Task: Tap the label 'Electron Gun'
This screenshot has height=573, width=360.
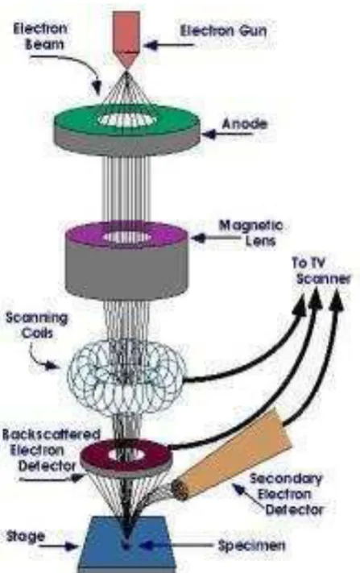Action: (x=223, y=31)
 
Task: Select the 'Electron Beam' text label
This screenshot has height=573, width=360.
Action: (x=40, y=36)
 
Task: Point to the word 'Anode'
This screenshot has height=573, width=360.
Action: (x=244, y=124)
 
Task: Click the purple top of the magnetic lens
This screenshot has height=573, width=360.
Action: (x=126, y=236)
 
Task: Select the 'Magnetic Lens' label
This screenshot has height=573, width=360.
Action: (x=250, y=233)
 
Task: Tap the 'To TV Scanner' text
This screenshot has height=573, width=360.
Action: (x=321, y=271)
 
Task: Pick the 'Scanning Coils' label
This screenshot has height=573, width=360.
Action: (x=37, y=326)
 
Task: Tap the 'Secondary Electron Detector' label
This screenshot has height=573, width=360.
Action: (x=286, y=494)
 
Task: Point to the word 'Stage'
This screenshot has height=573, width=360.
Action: (x=26, y=537)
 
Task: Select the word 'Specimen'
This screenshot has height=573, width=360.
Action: (x=251, y=546)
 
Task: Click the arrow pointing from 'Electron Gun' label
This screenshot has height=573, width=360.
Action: (x=168, y=45)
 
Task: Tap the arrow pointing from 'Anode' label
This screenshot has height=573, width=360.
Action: (x=227, y=135)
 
